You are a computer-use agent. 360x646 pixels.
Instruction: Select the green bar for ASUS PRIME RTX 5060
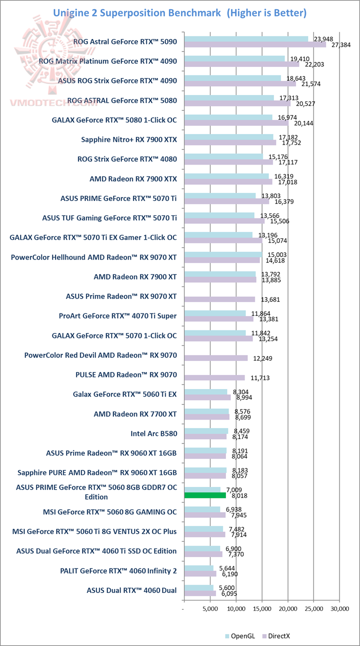tap(205, 495)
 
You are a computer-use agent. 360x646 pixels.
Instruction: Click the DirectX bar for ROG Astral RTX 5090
tap(255, 44)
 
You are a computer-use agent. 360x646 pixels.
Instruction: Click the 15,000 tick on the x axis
tap(262, 609)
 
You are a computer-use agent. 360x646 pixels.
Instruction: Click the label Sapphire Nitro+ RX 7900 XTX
tap(129, 139)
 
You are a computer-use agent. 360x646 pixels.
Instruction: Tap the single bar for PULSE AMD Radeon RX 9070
tap(214, 377)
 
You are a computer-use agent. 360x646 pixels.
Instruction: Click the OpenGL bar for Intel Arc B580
tap(206, 430)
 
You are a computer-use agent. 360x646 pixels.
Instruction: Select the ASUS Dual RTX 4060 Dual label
tap(131, 590)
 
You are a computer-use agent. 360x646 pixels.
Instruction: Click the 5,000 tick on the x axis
tap(210, 609)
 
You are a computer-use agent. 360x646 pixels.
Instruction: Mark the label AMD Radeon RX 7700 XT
tap(135, 413)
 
